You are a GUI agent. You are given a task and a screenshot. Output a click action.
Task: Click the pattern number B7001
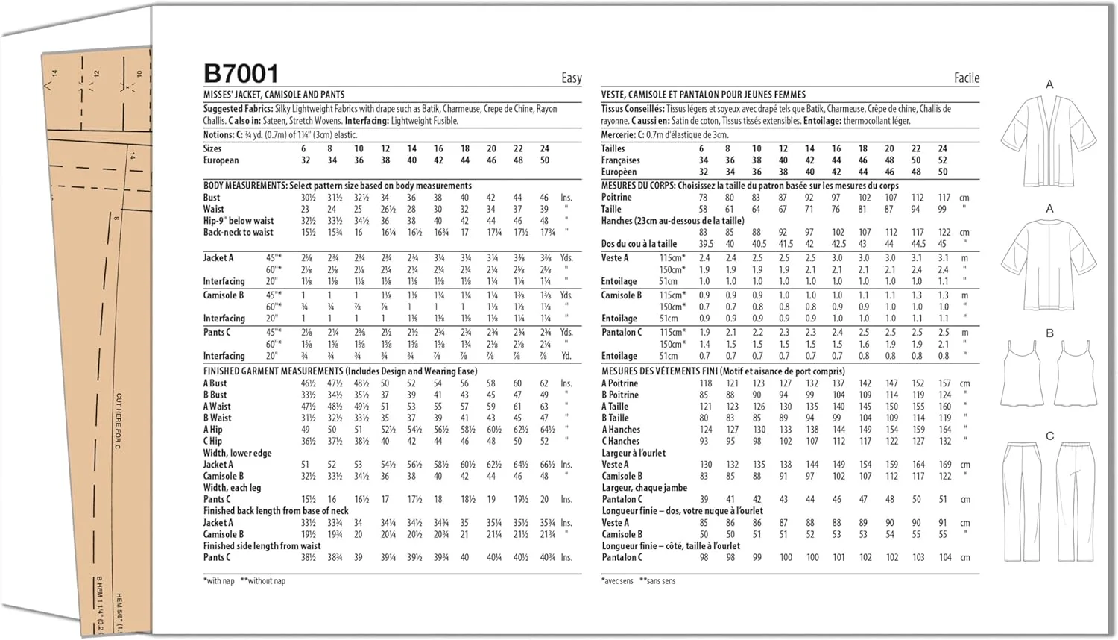[x=241, y=74]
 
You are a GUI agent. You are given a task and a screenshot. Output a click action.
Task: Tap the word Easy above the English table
[x=571, y=78]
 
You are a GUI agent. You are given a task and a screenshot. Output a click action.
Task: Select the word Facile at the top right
[x=966, y=78]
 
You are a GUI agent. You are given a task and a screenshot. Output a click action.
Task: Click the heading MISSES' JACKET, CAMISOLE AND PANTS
[x=274, y=95]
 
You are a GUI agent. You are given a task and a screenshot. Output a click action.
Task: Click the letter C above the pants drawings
[x=1049, y=436]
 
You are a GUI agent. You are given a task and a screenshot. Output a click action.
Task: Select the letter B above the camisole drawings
[x=1049, y=333]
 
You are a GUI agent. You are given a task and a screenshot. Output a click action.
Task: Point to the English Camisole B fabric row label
[x=224, y=295]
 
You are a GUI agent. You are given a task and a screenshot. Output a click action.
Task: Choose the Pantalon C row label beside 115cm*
[x=622, y=332]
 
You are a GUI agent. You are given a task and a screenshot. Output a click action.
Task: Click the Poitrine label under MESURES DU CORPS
[x=616, y=198]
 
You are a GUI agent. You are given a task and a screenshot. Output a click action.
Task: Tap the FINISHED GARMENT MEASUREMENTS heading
[x=273, y=371]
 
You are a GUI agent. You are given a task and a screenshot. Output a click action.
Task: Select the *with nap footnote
[x=218, y=580]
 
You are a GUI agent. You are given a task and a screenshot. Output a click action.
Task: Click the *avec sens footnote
[x=616, y=580]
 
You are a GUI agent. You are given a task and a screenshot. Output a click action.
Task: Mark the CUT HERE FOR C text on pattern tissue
[x=118, y=421]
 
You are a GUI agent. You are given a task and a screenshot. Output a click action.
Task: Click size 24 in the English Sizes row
[x=544, y=148]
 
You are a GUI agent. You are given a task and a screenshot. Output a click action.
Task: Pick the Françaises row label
[x=620, y=160]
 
